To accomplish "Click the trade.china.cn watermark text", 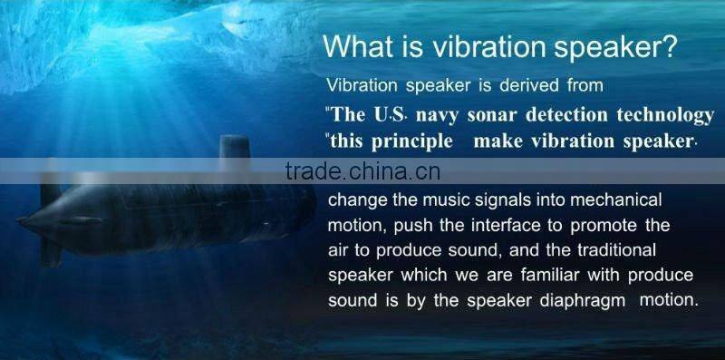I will pyautogui.click(x=362, y=171).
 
